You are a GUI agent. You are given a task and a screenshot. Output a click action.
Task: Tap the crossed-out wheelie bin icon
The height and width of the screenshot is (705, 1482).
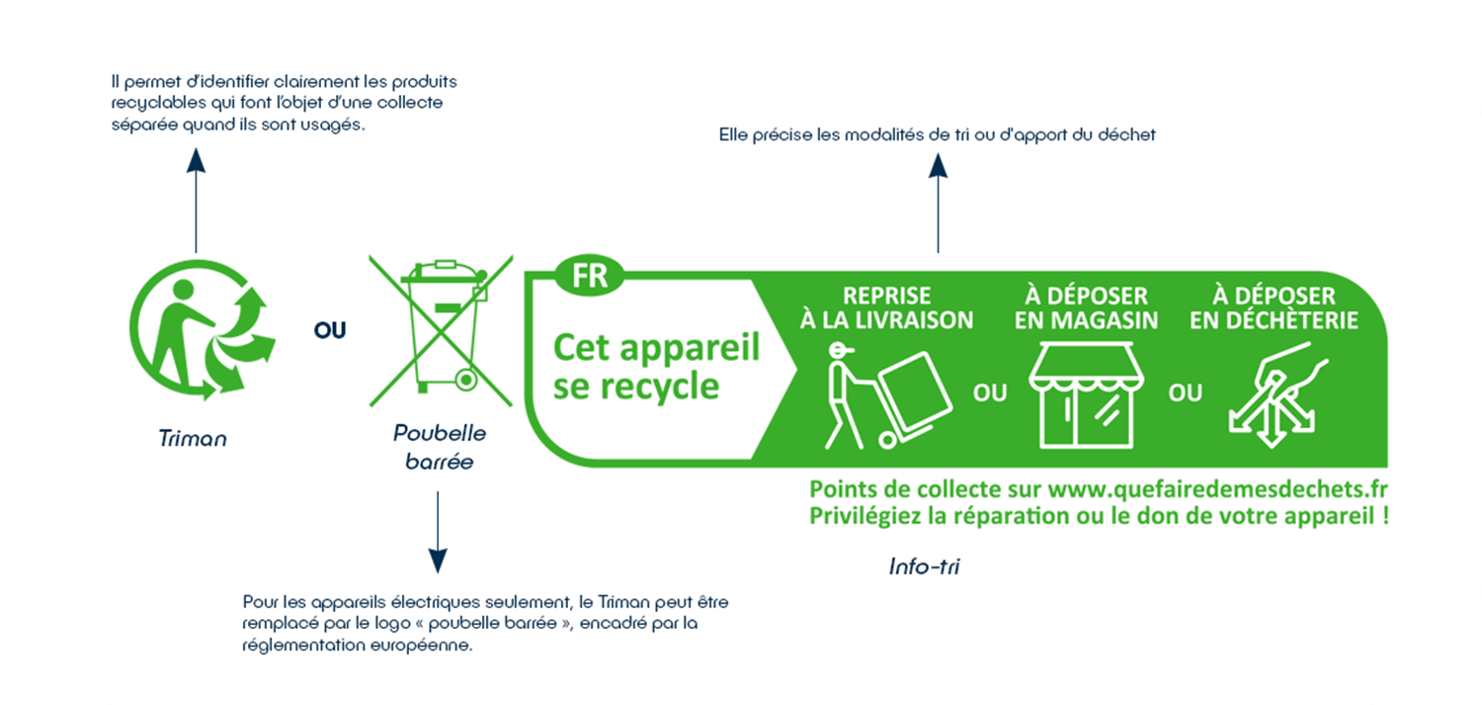(x=441, y=331)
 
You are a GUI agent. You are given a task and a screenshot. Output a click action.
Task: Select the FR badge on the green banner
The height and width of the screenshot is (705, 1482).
(x=589, y=276)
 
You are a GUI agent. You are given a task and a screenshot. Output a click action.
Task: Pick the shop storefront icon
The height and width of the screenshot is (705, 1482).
(x=1086, y=396)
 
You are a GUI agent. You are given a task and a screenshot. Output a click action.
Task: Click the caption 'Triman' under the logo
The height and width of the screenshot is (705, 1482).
(x=193, y=438)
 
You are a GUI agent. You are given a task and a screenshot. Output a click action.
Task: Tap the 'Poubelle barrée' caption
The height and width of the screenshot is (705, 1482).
(x=440, y=447)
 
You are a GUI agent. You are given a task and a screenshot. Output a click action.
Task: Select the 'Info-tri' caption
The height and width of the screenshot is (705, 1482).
(x=924, y=567)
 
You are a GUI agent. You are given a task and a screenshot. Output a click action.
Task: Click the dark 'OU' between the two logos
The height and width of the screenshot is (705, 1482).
(x=329, y=330)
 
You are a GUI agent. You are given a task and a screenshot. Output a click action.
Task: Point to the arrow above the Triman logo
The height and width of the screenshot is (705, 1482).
(x=196, y=200)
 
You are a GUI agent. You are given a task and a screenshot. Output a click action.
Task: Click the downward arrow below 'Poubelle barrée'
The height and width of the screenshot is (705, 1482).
(x=438, y=532)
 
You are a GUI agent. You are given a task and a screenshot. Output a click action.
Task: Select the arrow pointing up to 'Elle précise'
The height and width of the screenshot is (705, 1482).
(x=938, y=203)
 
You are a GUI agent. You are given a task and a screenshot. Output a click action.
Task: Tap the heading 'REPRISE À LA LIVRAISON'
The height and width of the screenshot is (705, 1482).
(x=886, y=308)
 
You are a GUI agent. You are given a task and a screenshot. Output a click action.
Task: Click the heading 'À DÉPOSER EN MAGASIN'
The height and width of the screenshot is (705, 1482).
(x=1087, y=308)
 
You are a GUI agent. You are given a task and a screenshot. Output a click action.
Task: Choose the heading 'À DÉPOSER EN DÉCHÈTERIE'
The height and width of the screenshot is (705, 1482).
(x=1274, y=308)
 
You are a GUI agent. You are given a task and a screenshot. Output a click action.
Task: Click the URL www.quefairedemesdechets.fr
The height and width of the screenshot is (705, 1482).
(x=1217, y=489)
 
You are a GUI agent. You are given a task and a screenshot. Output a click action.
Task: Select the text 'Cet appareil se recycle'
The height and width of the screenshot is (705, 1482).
(x=656, y=367)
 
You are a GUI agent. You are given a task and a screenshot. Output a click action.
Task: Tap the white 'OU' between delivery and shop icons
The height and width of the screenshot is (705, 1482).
(x=990, y=394)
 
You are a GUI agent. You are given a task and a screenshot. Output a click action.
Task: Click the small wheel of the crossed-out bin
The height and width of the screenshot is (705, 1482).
(x=466, y=380)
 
